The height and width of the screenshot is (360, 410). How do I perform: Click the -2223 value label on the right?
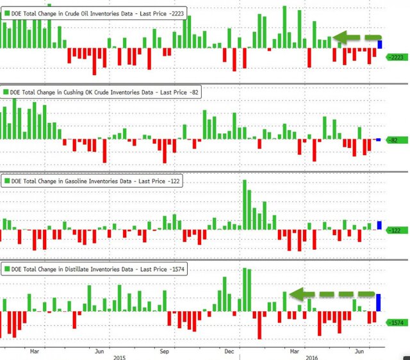(x=396, y=57)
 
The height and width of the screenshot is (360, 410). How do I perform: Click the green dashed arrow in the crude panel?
(x=357, y=38)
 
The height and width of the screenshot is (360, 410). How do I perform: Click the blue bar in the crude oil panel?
(x=380, y=44)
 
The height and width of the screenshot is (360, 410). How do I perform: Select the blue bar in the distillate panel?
(x=379, y=303)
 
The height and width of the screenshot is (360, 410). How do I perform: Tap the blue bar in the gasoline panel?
(x=379, y=225)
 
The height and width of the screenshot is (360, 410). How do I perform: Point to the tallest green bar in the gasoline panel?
(x=245, y=205)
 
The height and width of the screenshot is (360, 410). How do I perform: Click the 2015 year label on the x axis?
(x=120, y=357)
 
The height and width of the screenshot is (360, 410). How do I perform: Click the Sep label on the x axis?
(x=164, y=350)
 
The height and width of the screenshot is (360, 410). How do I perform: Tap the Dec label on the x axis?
(x=229, y=350)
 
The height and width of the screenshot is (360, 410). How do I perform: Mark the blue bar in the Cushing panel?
(x=378, y=140)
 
